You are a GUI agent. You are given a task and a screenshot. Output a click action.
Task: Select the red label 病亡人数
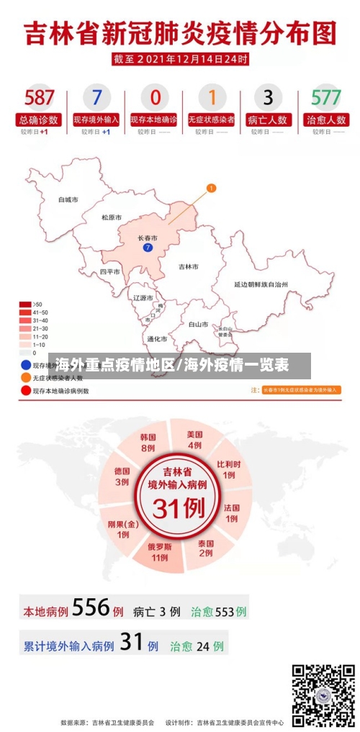tap(268, 120)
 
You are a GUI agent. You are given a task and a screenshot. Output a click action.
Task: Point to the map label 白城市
tap(68, 199)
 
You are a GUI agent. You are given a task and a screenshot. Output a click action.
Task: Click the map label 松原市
tap(111, 217)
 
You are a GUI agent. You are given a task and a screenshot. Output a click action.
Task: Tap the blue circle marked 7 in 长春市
tap(148, 248)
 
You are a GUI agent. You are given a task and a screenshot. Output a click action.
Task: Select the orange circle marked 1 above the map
tap(211, 189)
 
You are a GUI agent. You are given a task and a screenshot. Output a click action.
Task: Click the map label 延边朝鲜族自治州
tap(261, 285)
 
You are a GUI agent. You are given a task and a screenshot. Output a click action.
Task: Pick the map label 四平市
tap(110, 271)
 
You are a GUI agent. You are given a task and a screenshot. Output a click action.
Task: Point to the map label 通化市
tap(157, 338)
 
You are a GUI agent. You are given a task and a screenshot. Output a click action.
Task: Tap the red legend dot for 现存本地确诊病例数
tap(26, 391)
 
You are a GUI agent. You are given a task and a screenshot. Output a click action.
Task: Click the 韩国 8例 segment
tap(148, 442)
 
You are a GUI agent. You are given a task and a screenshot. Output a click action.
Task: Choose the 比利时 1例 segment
tap(228, 469)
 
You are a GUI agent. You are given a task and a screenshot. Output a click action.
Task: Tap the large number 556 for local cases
tap(91, 608)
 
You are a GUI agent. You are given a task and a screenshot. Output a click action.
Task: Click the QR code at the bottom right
tap(323, 695)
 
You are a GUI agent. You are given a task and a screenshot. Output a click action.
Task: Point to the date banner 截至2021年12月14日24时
tap(180, 58)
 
